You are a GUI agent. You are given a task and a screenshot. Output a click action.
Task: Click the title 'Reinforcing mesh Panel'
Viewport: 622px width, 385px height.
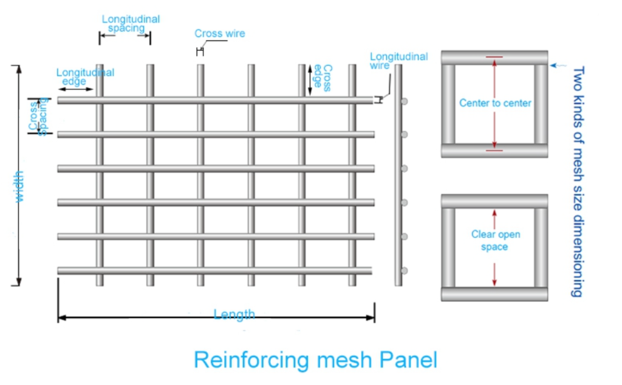[315, 359]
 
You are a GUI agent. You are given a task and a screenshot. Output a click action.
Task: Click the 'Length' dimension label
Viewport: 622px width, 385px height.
[234, 315]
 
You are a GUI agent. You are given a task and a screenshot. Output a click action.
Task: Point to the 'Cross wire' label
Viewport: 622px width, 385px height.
[219, 33]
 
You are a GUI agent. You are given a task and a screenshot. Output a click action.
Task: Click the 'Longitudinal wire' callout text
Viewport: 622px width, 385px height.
[398, 60]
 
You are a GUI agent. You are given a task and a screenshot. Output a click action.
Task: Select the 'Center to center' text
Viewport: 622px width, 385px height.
[495, 103]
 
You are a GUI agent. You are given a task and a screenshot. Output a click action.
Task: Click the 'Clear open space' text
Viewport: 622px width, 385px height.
[496, 240]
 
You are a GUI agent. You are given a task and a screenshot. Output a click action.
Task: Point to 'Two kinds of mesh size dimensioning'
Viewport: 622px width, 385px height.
[577, 182]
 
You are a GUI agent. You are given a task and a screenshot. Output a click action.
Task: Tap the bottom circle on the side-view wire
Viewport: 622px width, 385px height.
[405, 270]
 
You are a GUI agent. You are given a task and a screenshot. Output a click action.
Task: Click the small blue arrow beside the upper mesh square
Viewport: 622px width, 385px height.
[560, 64]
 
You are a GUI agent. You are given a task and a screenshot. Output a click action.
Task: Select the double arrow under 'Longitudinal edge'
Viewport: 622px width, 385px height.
[76, 89]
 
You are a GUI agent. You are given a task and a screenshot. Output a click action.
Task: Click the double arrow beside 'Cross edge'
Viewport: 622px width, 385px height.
[310, 80]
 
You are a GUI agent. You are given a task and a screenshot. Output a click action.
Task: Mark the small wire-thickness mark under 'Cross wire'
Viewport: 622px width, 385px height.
[198, 52]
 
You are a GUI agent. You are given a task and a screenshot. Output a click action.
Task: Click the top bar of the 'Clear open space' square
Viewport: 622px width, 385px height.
[494, 201]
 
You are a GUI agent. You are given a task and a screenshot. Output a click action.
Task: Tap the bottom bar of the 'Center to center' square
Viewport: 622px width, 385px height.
[494, 151]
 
